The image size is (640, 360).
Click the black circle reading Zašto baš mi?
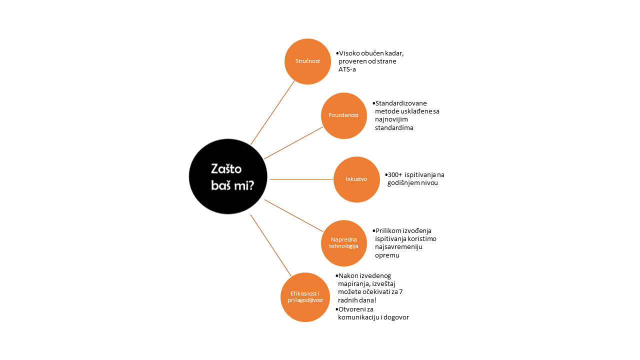(228, 176)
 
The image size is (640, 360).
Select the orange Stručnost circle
(307, 61)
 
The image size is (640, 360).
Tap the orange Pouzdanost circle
(344, 115)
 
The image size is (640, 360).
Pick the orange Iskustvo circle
(356, 179)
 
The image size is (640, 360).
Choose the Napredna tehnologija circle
(344, 243)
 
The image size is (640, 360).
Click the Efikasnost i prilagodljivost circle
(305, 297)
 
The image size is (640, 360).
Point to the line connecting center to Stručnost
(272, 112)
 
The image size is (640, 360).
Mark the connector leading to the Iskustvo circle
(301, 179)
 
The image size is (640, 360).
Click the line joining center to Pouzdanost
(293, 143)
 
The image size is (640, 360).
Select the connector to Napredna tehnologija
(293, 215)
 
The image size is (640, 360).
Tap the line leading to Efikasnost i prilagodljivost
(271, 245)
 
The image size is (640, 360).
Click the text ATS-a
(347, 69)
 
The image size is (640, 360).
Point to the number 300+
(395, 174)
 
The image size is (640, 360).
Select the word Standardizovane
(401, 103)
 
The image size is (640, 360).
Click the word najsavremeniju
(398, 247)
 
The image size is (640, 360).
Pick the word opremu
(387, 255)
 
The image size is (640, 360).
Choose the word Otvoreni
(352, 309)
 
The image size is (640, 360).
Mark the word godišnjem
(403, 183)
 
